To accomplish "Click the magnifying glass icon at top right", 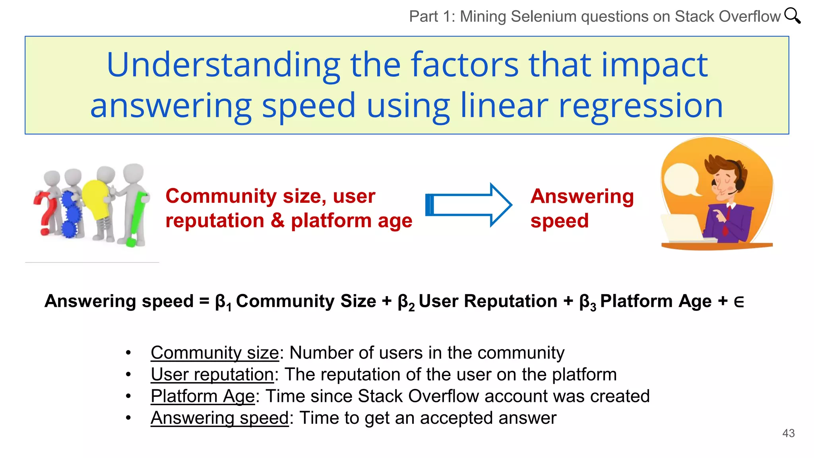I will coord(792,16).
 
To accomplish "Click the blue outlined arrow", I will coord(469,205).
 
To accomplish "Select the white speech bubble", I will coord(681,179).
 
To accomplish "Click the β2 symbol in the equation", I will coord(406,302).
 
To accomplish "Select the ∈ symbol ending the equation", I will coord(738,302).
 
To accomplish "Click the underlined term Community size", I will coord(215,353).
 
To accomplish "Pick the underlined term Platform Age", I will coord(202,396).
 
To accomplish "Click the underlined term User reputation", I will coord(212,375).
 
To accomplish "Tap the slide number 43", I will coord(788,433).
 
